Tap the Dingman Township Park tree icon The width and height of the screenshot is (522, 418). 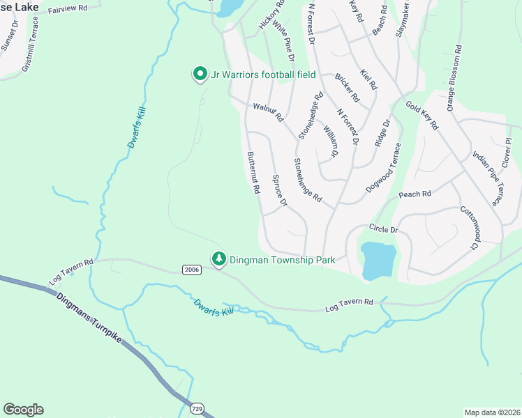219,259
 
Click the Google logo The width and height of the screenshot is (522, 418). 23,410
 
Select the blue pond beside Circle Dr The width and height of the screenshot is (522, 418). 377,259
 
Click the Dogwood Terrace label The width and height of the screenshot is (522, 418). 384,168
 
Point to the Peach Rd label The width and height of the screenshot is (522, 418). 415,194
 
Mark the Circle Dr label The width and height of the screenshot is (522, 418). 383,229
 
